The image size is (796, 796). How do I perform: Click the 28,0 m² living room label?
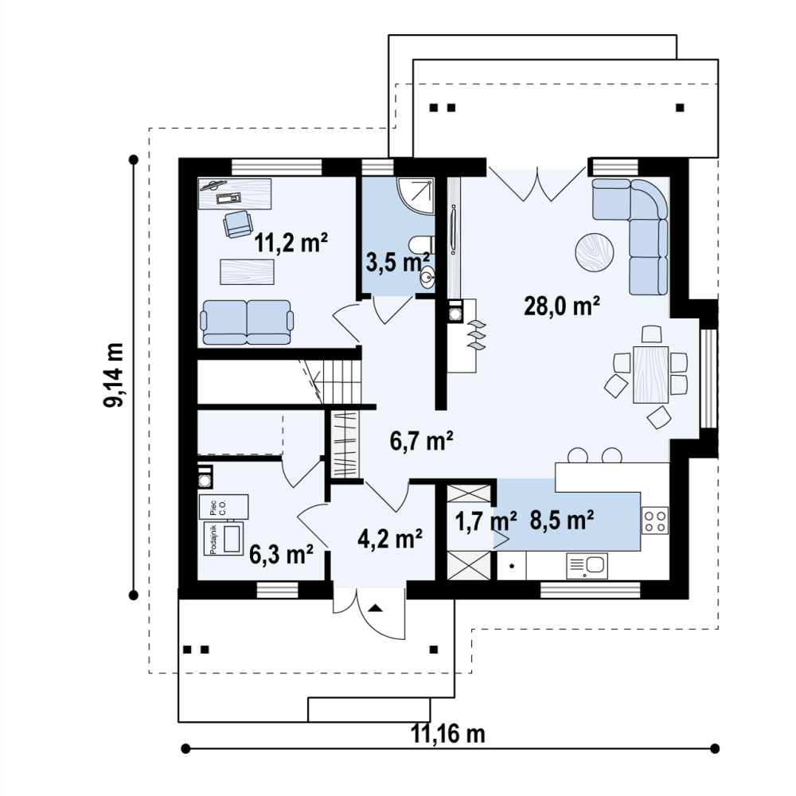coord(562,306)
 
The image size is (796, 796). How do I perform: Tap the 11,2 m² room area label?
coord(291,242)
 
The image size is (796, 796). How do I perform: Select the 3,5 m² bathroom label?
coord(397,263)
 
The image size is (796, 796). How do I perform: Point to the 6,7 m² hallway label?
coord(421,440)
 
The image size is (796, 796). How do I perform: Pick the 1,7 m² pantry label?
coord(486,521)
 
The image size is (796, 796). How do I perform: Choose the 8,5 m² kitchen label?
coord(562,520)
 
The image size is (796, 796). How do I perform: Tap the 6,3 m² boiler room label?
coord(281,554)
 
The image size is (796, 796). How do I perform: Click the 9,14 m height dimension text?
coord(114,375)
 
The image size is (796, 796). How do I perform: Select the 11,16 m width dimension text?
coord(447,734)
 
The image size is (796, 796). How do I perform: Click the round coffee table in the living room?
coord(595,252)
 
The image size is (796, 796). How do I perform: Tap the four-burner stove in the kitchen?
coord(655,521)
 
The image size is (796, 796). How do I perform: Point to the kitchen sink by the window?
coord(587,565)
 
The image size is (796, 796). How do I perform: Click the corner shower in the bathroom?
coord(416,196)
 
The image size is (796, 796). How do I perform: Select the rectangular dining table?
coord(650,374)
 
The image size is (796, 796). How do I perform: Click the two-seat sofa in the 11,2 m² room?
coord(247,322)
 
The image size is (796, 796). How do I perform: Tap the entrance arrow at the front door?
coord(375,608)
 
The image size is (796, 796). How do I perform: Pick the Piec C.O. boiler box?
coord(224,506)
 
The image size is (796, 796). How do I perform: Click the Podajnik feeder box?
coord(224,539)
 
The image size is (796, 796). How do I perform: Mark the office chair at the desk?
coord(238,224)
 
